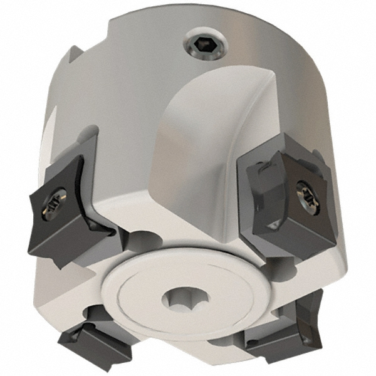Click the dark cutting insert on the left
pos(69,213)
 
